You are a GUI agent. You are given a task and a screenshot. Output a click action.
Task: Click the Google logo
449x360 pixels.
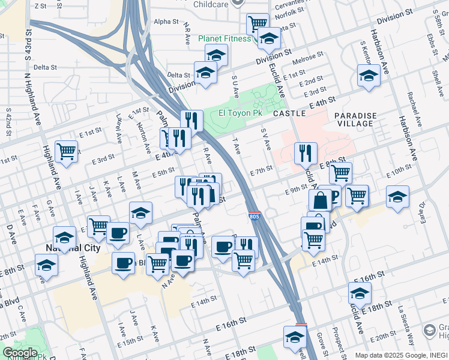pyautogui.click(x=20, y=353)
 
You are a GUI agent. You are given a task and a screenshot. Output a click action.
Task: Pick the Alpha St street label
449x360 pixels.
pyautogui.click(x=166, y=21)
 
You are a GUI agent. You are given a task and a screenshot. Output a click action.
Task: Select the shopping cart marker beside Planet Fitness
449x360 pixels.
pyautogui.click(x=258, y=24)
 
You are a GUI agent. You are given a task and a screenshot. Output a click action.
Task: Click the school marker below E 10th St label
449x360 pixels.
pyautogui.click(x=397, y=196)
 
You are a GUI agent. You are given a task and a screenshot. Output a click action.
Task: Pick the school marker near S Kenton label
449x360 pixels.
pyautogui.click(x=369, y=75)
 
